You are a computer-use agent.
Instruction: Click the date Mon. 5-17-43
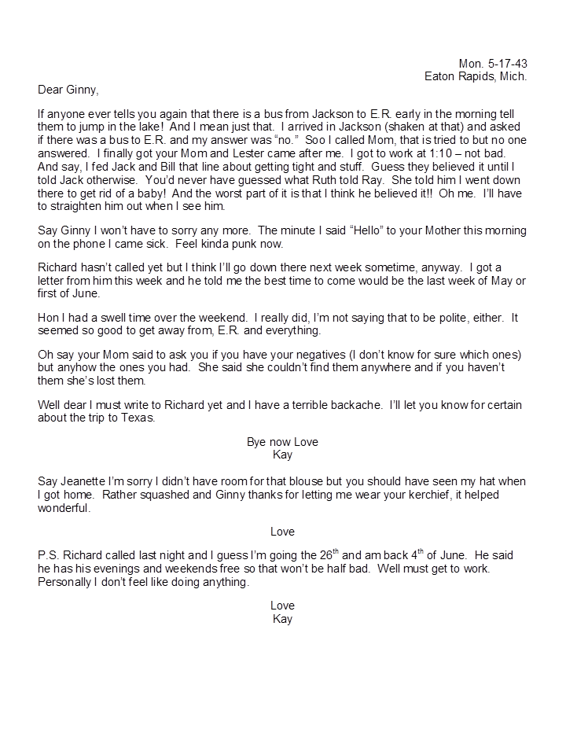coord(493,63)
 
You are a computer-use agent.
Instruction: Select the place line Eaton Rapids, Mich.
coord(476,76)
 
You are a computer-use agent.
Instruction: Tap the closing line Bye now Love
coord(282,442)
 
